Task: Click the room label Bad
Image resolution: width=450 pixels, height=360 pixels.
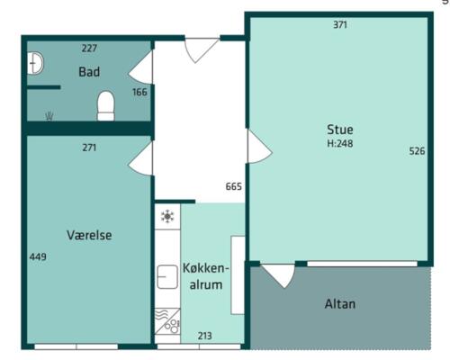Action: [89, 72]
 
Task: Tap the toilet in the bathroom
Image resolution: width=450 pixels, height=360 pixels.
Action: [106, 106]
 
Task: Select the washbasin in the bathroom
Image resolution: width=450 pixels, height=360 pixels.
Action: [35, 63]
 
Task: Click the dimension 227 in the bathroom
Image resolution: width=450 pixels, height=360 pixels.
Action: [89, 49]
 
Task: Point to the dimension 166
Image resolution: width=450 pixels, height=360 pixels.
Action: [139, 92]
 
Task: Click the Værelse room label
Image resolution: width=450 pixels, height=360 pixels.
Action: [89, 235]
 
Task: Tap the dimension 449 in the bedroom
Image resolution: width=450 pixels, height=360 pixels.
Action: [38, 257]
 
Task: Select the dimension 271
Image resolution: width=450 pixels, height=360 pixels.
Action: [89, 148]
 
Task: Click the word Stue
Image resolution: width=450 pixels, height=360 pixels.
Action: [340, 130]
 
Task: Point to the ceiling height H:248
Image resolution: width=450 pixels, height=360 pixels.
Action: [340, 144]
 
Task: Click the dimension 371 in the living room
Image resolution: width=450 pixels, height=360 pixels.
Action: [340, 25]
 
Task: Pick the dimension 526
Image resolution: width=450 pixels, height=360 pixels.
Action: [417, 151]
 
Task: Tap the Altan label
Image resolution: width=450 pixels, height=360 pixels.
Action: [340, 304]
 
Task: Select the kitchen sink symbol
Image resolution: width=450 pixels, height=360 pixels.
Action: [167, 277]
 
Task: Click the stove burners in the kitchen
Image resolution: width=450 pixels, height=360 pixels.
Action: [172, 327]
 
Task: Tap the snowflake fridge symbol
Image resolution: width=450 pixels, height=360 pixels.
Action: [167, 217]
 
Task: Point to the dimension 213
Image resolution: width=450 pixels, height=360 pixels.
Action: [205, 336]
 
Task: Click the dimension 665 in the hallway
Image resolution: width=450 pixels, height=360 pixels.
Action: [234, 186]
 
